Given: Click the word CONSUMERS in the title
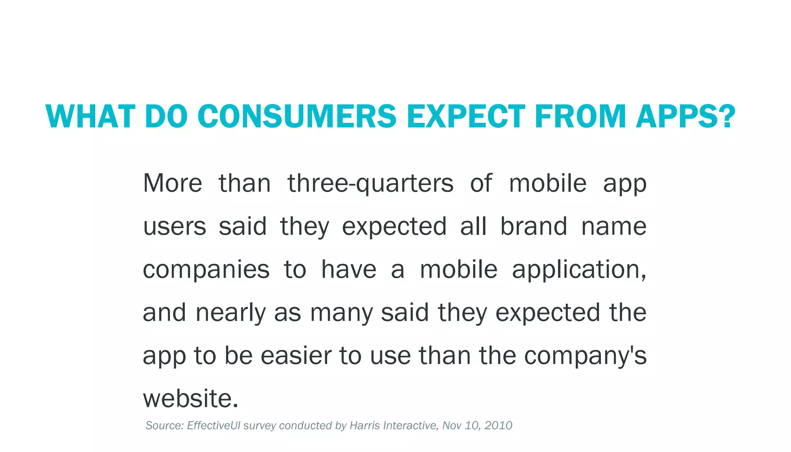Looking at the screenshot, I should coord(297,116).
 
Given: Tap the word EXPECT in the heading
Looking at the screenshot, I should coord(466,116).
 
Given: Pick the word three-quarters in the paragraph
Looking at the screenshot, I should coord(370,184).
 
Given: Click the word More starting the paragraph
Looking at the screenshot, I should coord(173,184).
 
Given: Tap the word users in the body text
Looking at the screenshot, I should coord(175,227).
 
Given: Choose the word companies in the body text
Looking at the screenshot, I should coord(206,270).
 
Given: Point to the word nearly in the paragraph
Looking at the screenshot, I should coord(231,313).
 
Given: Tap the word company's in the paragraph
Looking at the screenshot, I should coord(585,356).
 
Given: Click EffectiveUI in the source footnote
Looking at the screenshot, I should coord(214,426).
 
